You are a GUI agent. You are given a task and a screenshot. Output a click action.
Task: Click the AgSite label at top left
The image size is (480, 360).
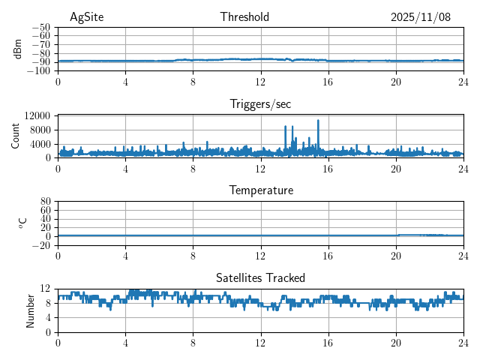[86, 17]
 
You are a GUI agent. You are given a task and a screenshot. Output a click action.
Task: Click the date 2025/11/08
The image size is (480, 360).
[420, 17]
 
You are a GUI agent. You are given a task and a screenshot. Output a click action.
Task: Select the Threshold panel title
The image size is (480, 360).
[244, 17]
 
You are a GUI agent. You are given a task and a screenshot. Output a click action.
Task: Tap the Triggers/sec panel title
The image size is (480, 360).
[260, 104]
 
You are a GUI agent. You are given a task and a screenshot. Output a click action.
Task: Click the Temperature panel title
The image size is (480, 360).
[260, 190]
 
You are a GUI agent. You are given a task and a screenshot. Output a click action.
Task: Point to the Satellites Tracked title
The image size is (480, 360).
[260, 277]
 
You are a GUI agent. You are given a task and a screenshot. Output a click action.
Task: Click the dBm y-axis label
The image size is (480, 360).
[18, 48]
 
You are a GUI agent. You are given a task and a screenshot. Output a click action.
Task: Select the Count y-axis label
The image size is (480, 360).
[16, 136]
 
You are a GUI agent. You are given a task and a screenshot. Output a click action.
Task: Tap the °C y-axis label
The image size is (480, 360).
[22, 223]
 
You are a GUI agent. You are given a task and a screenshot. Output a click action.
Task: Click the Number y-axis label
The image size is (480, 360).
[31, 310]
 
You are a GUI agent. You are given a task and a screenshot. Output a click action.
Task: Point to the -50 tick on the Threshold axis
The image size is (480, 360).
[41, 27]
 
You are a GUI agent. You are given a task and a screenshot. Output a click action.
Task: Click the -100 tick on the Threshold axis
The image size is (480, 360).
[39, 70]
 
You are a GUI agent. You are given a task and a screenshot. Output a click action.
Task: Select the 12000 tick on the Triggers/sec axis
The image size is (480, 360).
[37, 115]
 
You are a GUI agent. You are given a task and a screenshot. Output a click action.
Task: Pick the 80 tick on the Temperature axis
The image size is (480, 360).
[45, 202]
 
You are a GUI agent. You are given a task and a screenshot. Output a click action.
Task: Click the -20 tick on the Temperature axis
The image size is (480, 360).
[41, 245]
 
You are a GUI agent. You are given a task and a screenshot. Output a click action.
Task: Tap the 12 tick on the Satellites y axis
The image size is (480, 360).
[45, 289]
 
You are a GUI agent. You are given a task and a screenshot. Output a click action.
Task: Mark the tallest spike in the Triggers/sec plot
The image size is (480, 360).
[318, 121]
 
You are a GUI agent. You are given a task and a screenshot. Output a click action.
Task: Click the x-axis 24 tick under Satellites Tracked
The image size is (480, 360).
[463, 342]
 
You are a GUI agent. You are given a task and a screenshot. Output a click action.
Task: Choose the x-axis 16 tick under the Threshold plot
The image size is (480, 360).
[328, 81]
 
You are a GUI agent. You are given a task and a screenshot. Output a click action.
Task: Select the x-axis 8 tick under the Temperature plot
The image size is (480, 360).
[193, 255]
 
